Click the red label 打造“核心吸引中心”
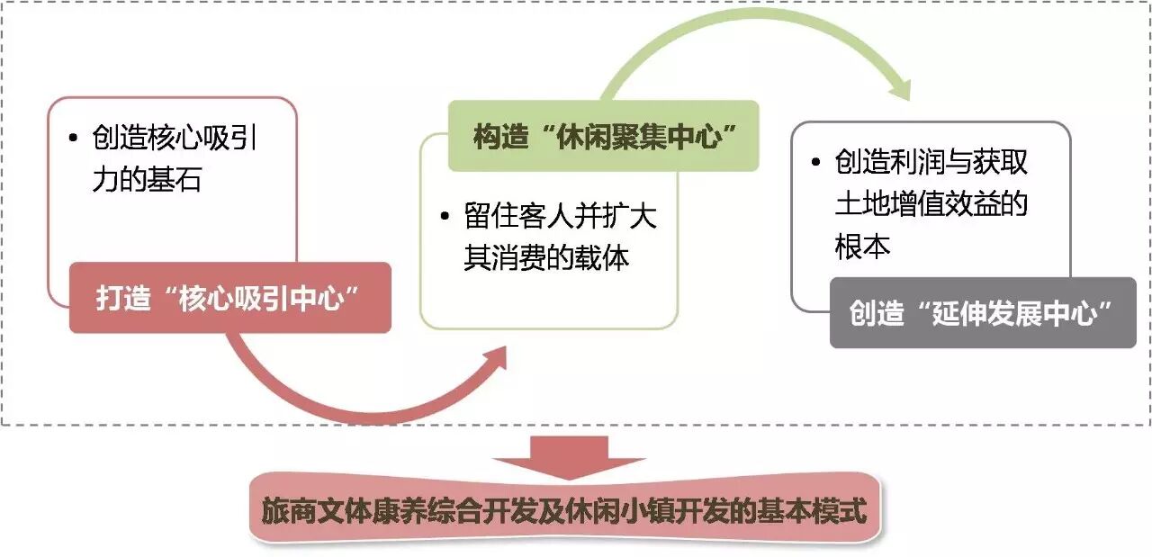click(x=229, y=298)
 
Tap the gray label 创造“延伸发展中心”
click(x=982, y=313)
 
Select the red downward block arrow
click(x=569, y=456)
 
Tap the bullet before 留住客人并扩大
click(x=445, y=219)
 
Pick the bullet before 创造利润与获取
click(x=815, y=164)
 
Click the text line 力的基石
click(x=146, y=179)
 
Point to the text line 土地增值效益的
click(x=931, y=204)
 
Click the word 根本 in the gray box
click(x=863, y=246)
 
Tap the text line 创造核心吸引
click(x=181, y=138)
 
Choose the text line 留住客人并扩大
click(x=560, y=218)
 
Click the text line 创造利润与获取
click(x=931, y=163)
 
